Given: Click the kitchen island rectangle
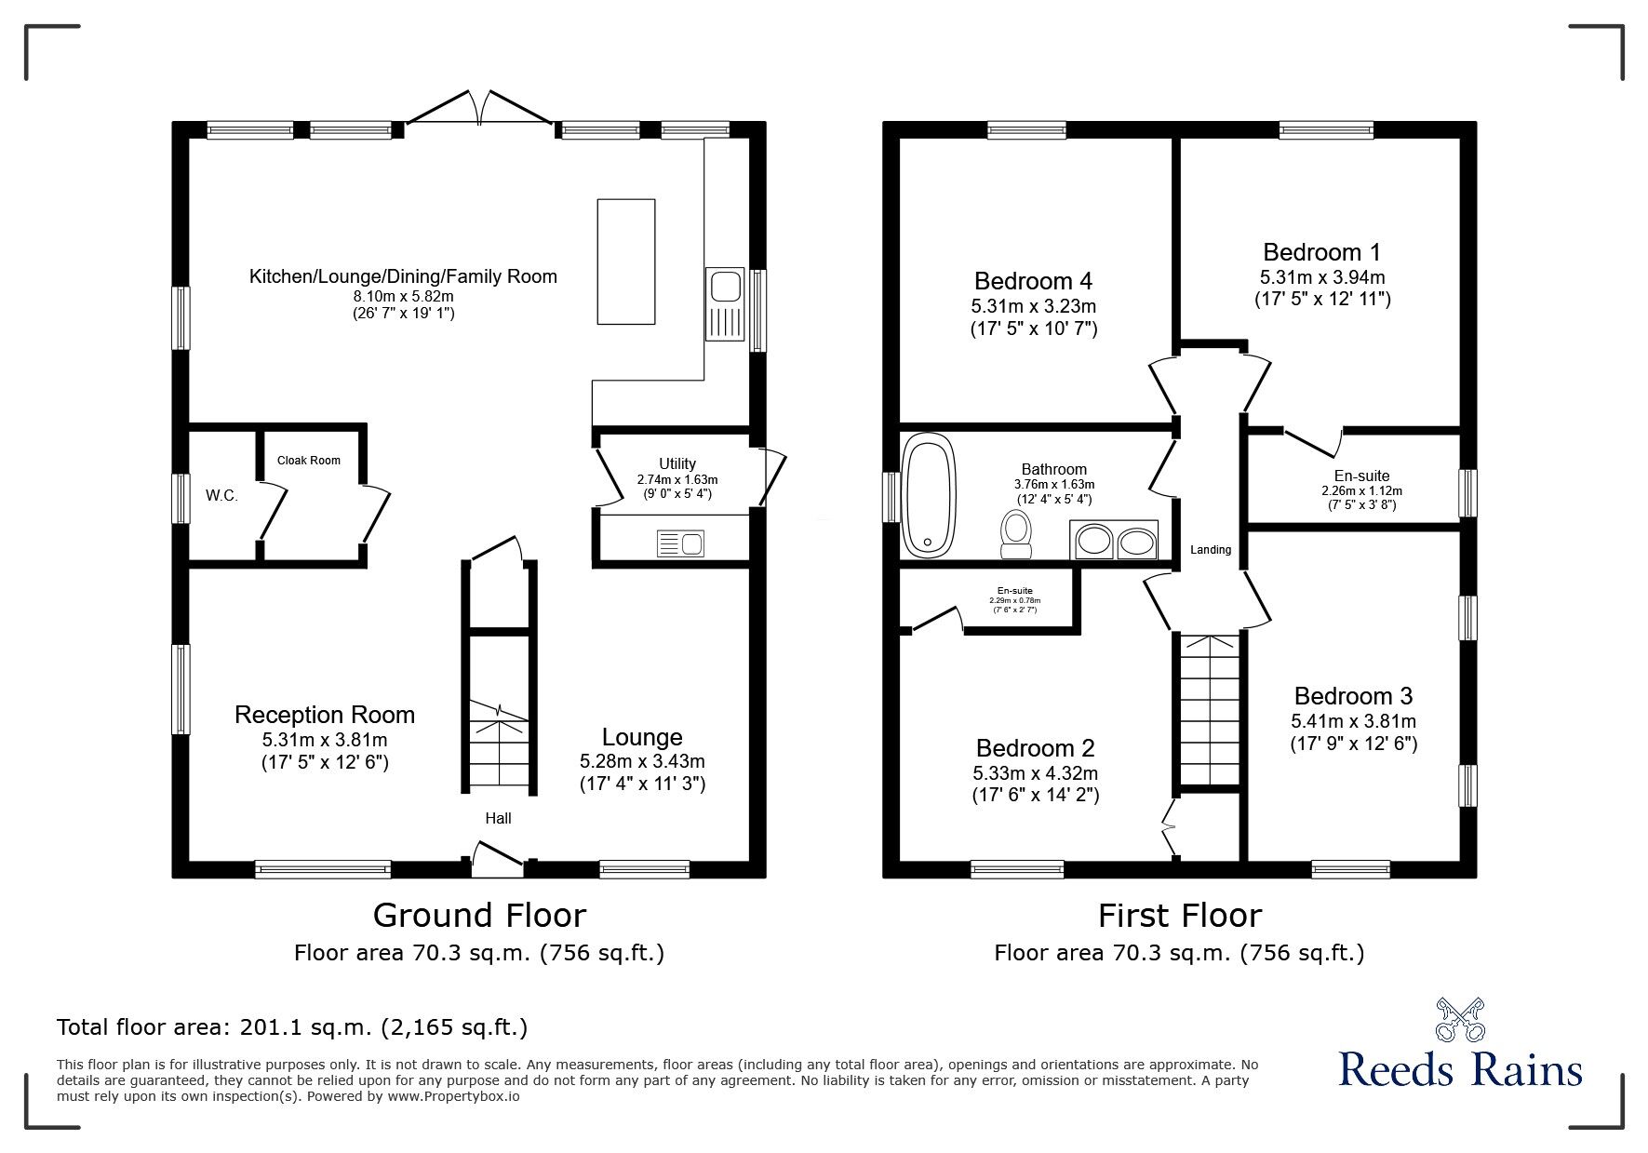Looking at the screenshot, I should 625,261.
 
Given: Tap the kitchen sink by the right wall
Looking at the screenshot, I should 724,304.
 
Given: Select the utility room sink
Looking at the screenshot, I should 680,542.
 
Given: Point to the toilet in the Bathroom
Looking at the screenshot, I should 1015,534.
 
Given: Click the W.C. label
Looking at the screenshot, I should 221,496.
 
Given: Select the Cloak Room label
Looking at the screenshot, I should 309,461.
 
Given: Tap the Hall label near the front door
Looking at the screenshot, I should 498,819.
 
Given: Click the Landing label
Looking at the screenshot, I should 1211,550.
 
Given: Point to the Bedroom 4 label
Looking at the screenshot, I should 1033,281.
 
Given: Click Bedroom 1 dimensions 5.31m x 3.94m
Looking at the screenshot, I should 1321,277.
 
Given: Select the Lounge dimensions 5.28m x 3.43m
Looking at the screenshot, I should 642,761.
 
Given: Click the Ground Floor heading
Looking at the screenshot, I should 479,916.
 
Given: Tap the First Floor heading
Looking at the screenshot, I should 1179,916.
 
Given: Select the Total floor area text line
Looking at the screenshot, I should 292,1027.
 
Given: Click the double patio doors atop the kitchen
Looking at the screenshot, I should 480,107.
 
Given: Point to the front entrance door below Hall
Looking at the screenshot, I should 498,858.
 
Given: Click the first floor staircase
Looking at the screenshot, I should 1211,712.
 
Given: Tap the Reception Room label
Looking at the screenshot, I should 325,715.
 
